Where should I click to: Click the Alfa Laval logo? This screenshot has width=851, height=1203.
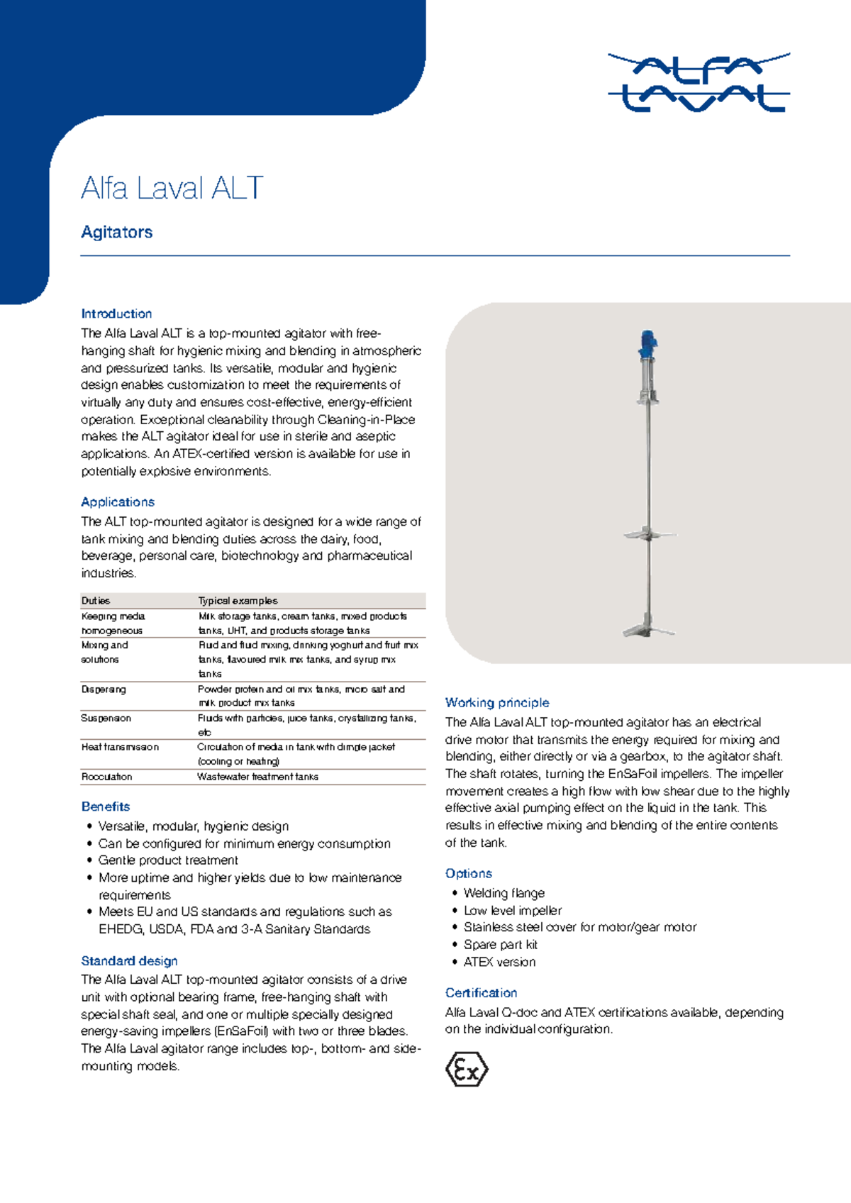(x=699, y=82)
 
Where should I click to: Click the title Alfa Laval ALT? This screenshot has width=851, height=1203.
(x=172, y=189)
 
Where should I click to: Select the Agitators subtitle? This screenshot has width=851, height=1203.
(x=117, y=232)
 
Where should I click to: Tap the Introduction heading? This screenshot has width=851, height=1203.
(x=116, y=314)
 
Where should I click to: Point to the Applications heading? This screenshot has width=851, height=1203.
(x=118, y=502)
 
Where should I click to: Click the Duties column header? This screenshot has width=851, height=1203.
(x=96, y=601)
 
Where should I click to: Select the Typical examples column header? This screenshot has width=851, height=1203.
(x=238, y=601)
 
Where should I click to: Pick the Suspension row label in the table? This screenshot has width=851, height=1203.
(x=106, y=719)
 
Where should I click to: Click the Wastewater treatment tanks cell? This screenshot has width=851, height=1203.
(x=257, y=777)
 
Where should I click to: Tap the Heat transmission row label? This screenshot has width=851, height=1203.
(x=120, y=747)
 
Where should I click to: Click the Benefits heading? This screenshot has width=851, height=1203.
(x=106, y=806)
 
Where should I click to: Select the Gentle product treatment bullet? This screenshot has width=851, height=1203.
(x=168, y=860)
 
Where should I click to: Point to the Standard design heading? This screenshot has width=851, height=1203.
(x=129, y=961)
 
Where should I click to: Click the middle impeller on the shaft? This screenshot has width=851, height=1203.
(x=649, y=533)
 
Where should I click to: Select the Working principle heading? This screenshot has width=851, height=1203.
(x=497, y=703)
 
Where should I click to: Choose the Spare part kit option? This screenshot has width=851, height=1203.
(x=500, y=945)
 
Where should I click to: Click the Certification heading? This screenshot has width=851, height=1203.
(x=481, y=993)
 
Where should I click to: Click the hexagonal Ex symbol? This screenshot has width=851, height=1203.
(x=467, y=1070)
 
